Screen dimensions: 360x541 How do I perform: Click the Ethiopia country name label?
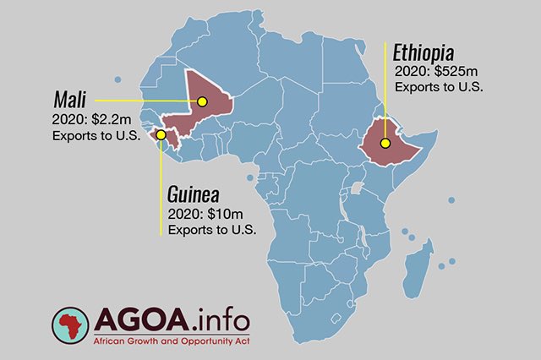(429, 50)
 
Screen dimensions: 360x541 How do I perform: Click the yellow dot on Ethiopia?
(385, 143)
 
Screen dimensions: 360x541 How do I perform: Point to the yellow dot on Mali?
(202, 102)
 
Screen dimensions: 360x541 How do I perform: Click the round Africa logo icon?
(71, 328)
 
